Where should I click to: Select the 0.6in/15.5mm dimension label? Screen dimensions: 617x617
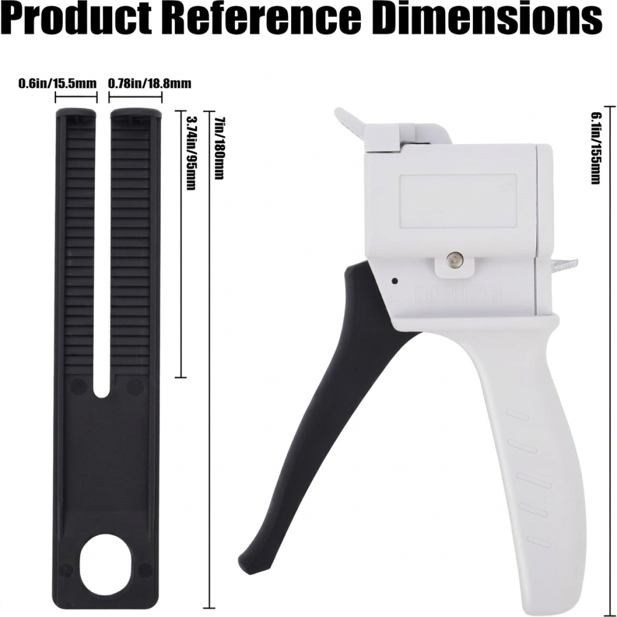click(x=57, y=84)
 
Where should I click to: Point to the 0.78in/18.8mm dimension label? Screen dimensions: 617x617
click(x=150, y=84)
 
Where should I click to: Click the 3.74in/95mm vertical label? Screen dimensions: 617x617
click(x=191, y=153)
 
